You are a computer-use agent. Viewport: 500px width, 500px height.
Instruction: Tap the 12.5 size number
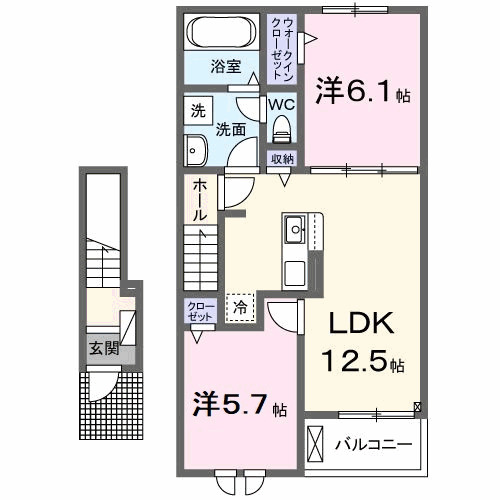click(354, 361)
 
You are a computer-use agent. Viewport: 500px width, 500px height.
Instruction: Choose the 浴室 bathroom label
click(225, 67)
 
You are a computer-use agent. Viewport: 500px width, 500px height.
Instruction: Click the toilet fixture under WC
click(280, 129)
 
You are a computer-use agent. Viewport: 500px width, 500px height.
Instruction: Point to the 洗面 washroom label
click(232, 128)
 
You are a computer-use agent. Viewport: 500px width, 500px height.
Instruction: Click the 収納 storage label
click(281, 158)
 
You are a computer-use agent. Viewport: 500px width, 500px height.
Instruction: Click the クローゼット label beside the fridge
click(195, 311)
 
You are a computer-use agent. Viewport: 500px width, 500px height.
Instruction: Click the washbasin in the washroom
click(193, 151)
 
